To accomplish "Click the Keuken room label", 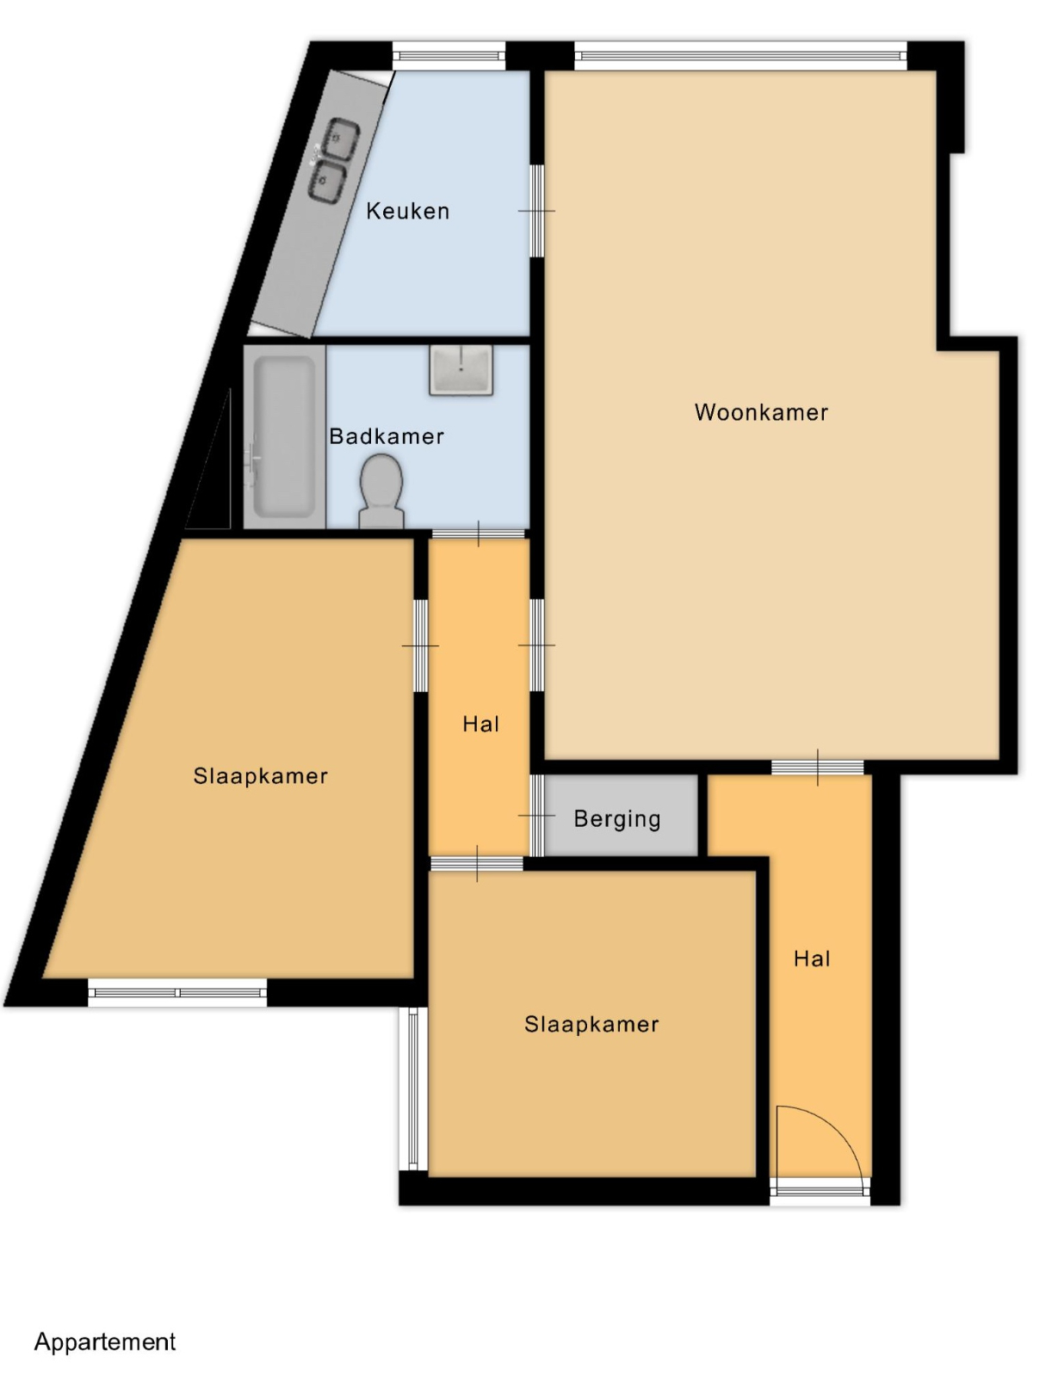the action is [x=407, y=211].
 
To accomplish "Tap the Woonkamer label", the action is [x=761, y=413].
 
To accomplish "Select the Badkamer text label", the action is [x=387, y=436].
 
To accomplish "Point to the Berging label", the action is [x=616, y=819].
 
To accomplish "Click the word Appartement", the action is [x=105, y=1342].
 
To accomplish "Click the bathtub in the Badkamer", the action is [x=284, y=436].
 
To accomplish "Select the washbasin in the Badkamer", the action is [x=461, y=370].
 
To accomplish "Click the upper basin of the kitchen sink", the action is [x=341, y=139].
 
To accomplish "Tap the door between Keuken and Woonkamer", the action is [x=537, y=211].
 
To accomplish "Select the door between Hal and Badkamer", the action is [x=479, y=534].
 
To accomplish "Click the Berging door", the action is [x=537, y=815].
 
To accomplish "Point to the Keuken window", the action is [x=449, y=56].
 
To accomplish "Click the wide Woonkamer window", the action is [x=741, y=56].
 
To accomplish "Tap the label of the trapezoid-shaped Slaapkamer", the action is [x=260, y=776].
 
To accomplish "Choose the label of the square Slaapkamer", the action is [x=591, y=1024].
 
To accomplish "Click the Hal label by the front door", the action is [x=812, y=959].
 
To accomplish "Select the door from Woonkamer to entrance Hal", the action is [x=817, y=768].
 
